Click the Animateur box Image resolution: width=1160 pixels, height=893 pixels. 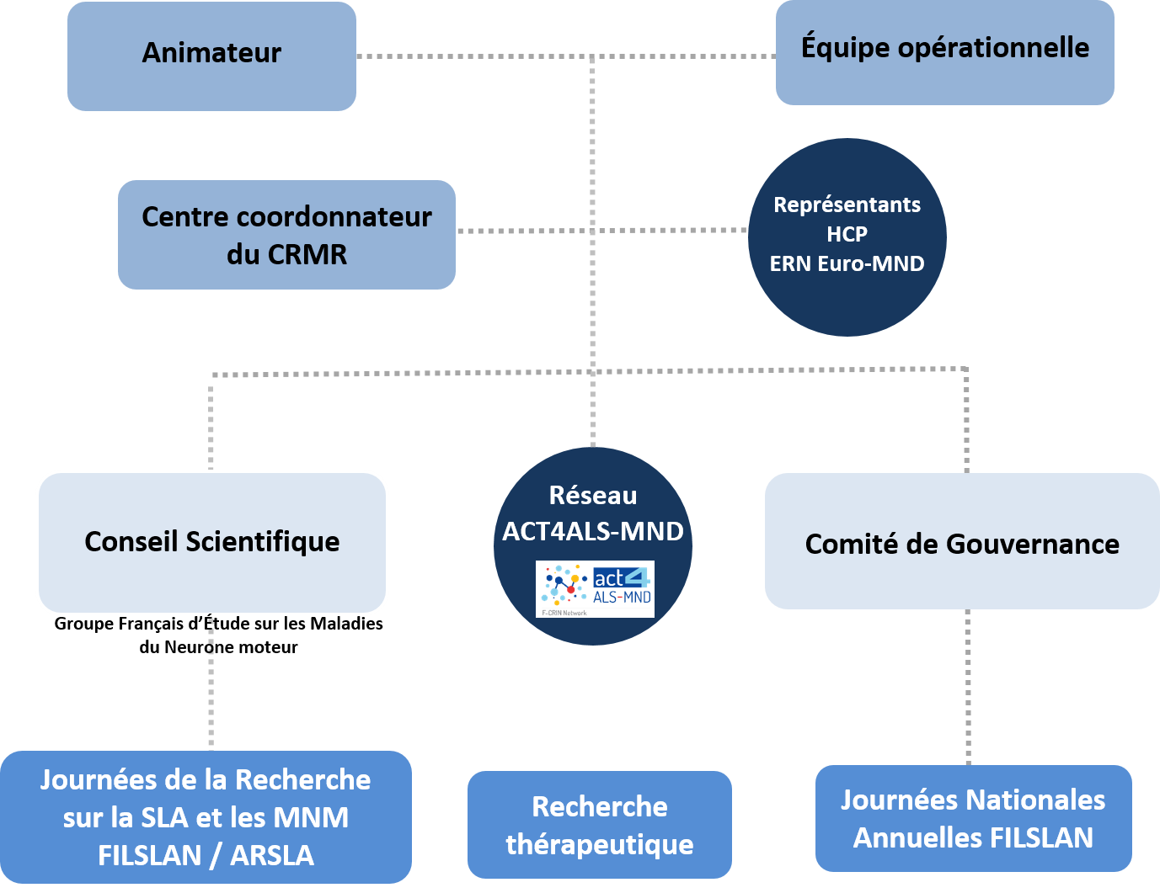coord(211,56)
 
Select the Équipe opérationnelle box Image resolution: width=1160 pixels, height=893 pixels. coord(944,52)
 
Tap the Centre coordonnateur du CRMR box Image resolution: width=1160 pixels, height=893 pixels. coord(286,235)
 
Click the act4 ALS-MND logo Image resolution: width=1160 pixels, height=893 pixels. coord(595,588)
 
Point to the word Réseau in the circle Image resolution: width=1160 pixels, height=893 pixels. coord(593,496)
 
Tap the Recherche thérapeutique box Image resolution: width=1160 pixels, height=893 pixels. coord(599,825)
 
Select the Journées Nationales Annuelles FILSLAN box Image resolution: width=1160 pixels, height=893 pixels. coord(973,818)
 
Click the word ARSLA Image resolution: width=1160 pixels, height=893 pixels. coord(272,855)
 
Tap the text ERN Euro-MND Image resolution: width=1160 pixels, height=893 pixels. coord(847,263)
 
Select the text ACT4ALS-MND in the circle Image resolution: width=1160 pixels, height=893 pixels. coord(593,532)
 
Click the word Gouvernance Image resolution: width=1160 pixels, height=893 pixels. coord(1033,545)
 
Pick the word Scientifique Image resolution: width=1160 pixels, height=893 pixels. coord(263,542)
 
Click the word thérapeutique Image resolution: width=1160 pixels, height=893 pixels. coord(599,844)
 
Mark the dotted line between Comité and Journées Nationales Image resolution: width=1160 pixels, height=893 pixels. coord(967,686)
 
